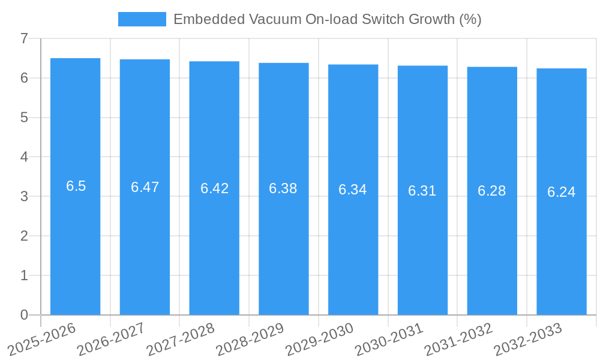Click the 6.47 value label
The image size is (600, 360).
pyautogui.click(x=145, y=187)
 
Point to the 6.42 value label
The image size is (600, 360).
pyautogui.click(x=214, y=188)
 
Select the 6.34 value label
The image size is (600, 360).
pyautogui.click(x=353, y=190)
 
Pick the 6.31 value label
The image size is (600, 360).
pyautogui.click(x=422, y=191)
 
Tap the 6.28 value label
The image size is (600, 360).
pyautogui.click(x=492, y=191)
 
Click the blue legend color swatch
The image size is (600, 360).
pyautogui.click(x=142, y=19)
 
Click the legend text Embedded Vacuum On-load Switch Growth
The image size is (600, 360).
pyautogui.click(x=327, y=19)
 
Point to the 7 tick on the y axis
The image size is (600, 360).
pyautogui.click(x=24, y=38)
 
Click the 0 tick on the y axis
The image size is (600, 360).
pyautogui.click(x=24, y=315)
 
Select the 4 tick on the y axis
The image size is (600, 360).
pyautogui.click(x=24, y=157)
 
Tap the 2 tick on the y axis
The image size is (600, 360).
pyautogui.click(x=24, y=236)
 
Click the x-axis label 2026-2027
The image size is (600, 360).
pyautogui.click(x=111, y=340)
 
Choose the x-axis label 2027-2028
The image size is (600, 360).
pyautogui.click(x=181, y=340)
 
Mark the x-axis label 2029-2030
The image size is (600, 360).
pyautogui.click(x=319, y=340)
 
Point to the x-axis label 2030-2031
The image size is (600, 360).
pyautogui.click(x=389, y=340)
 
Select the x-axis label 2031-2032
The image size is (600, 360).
pyautogui.click(x=458, y=340)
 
